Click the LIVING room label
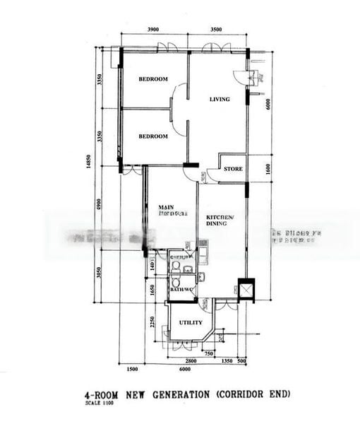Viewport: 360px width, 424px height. tap(220, 100)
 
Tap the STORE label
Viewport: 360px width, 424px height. tap(233, 170)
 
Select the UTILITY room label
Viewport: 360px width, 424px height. tap(190, 322)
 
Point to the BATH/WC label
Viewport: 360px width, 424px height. tap(181, 290)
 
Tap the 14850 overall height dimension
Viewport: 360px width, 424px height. tap(89, 162)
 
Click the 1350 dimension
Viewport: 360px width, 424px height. tap(227, 361)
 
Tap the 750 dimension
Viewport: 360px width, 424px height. tap(208, 353)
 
